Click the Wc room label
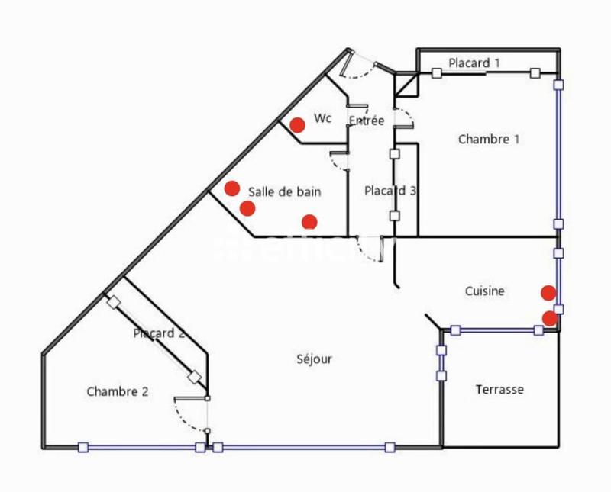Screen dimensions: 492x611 (323, 119)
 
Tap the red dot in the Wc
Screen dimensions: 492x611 (298, 124)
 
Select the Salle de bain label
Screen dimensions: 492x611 (284, 192)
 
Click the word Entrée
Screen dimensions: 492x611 (366, 121)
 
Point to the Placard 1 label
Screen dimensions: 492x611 (474, 63)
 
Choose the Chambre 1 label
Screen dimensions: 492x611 (489, 139)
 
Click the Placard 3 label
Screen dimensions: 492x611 (390, 191)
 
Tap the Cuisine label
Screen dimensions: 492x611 (485, 291)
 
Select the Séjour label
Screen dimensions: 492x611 (314, 359)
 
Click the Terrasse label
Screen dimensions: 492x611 (499, 389)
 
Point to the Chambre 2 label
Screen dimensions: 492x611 (117, 392)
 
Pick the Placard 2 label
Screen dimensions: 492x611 (159, 333)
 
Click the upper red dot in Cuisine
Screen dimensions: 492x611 (548, 292)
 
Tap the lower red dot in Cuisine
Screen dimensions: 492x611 (550, 318)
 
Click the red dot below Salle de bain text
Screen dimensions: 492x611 (309, 222)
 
